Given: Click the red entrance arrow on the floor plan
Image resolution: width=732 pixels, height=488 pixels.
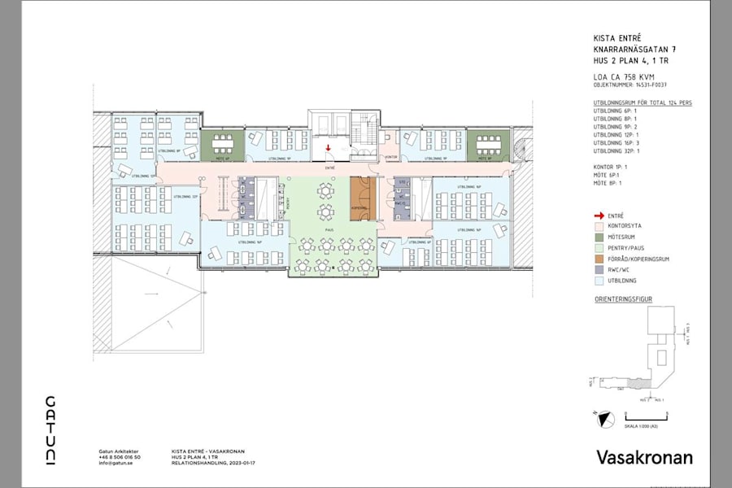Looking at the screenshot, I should point(328,148).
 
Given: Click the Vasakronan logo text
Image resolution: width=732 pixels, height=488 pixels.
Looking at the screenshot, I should point(644,457).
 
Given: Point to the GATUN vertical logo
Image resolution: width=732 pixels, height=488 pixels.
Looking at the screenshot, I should point(50,430).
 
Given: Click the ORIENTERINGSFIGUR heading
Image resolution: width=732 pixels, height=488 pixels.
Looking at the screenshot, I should point(624,299).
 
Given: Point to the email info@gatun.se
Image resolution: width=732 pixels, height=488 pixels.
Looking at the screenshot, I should point(115,462).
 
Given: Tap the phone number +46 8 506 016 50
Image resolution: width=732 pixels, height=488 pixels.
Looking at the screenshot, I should point(119,457).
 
